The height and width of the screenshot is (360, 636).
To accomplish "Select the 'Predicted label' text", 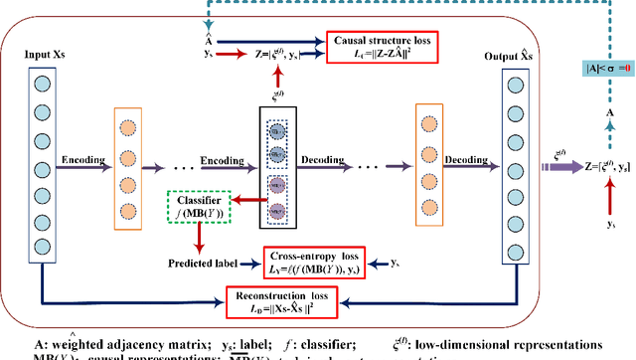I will tap(204, 263).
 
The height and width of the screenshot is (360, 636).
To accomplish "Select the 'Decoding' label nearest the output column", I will tap(467, 157).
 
